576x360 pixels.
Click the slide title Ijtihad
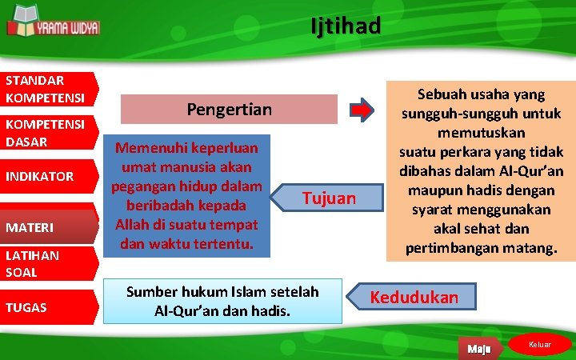coord(346,26)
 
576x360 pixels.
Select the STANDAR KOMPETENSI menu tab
coord(48,89)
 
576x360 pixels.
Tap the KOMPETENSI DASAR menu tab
coord(48,133)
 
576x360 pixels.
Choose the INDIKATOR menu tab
coord(48,177)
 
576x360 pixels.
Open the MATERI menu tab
coord(48,228)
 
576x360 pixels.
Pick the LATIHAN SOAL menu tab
coord(48,263)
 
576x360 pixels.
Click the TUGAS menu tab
coord(48,307)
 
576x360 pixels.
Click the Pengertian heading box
coord(229,109)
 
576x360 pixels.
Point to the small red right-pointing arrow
coord(362,110)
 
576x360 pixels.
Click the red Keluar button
coord(541,344)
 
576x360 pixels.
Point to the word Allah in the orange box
coord(134,224)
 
